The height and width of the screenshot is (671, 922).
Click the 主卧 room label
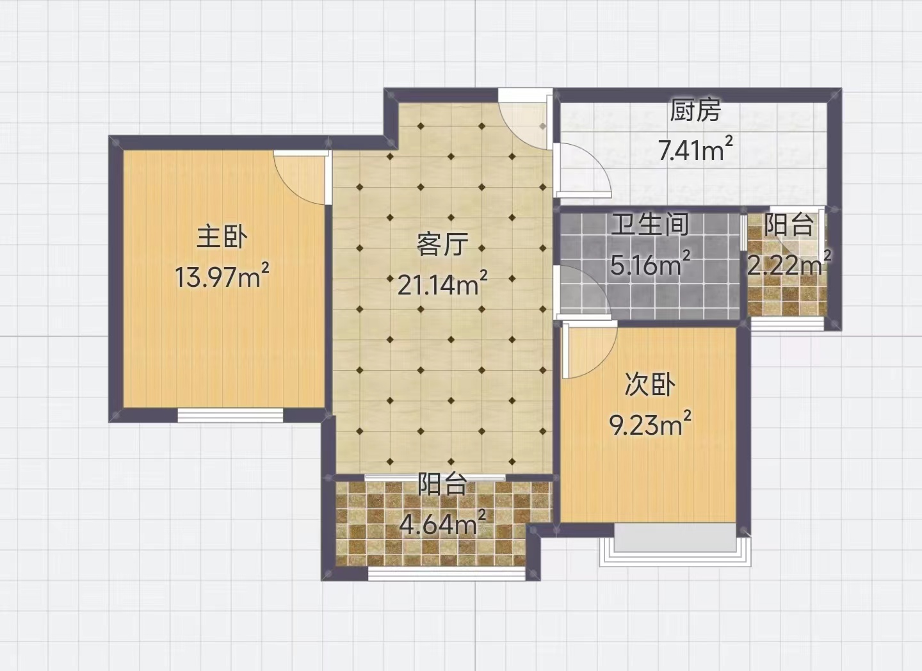pyautogui.click(x=222, y=238)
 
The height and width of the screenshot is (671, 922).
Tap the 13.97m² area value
pyautogui.click(x=222, y=276)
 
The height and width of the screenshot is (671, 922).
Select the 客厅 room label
pyautogui.click(x=442, y=244)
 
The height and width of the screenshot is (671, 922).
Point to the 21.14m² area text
pyautogui.click(x=442, y=283)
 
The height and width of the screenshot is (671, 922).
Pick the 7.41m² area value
pyautogui.click(x=695, y=149)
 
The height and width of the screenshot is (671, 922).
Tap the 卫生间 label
pyautogui.click(x=650, y=224)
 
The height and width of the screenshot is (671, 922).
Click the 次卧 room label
pyautogui.click(x=650, y=385)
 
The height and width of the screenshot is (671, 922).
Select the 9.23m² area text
pyautogui.click(x=650, y=424)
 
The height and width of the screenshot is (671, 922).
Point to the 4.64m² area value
pyautogui.click(x=442, y=524)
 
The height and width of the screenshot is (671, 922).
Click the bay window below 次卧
pyautogui.click(x=675, y=544)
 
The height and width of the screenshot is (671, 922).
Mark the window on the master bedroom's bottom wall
pyautogui.click(x=230, y=415)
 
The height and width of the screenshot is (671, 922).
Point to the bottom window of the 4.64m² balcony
pyautogui.click(x=447, y=574)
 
